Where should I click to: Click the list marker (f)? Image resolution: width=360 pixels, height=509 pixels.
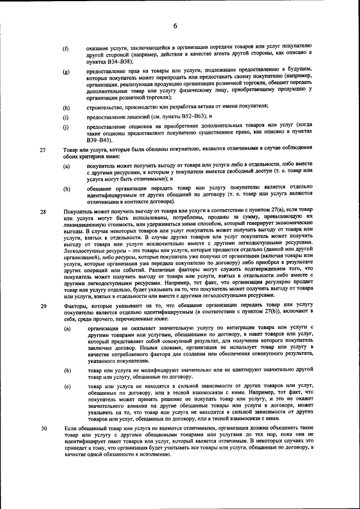66,48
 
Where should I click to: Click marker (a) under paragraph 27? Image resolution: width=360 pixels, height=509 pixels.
66,167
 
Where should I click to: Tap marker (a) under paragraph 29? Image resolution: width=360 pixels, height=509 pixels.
66,328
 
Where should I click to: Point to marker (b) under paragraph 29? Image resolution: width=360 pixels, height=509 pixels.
66,371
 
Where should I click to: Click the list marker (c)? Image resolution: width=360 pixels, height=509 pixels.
66,388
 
